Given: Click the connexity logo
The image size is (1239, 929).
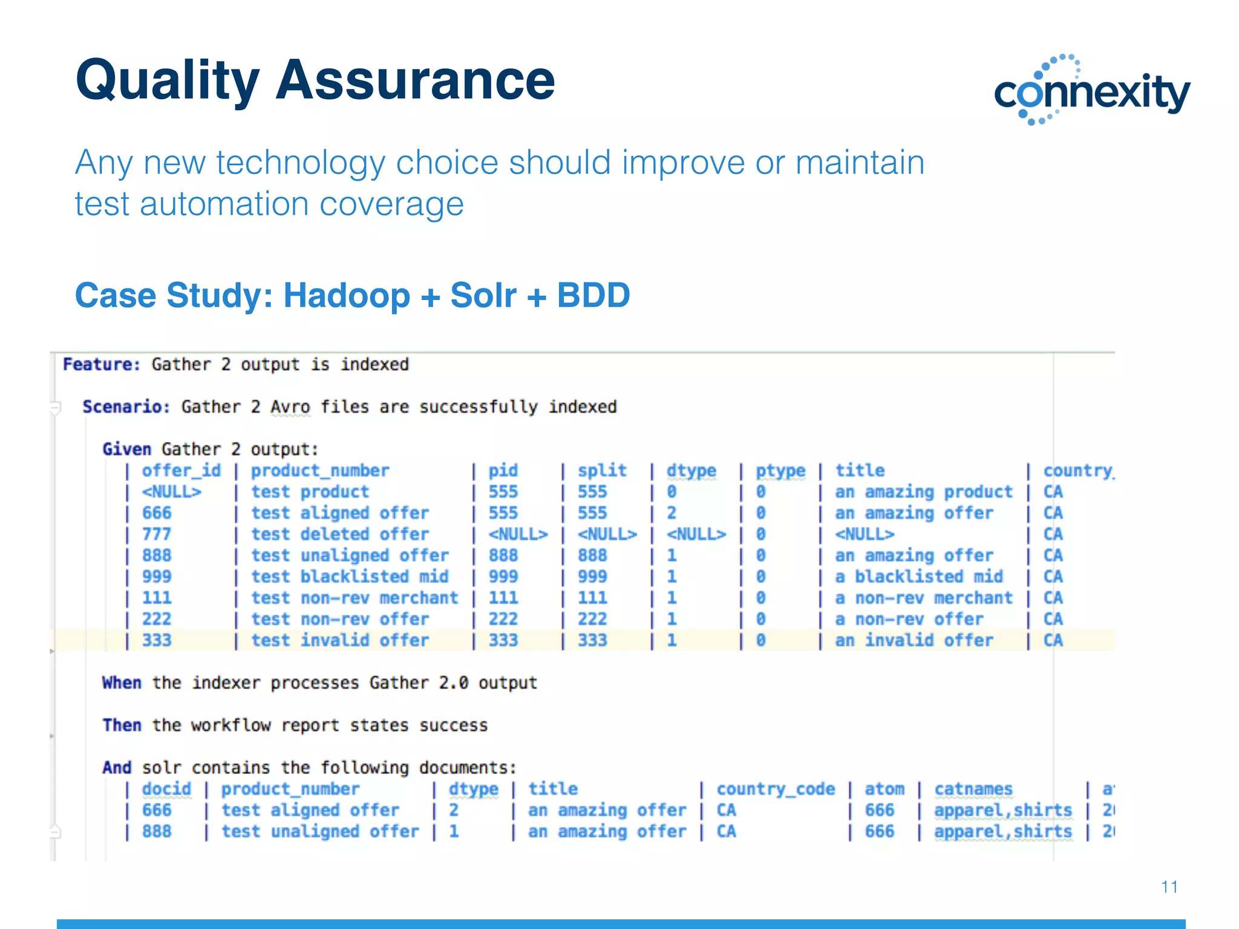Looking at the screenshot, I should (x=1091, y=91).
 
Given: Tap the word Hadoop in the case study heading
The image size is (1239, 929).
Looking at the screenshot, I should (x=346, y=295).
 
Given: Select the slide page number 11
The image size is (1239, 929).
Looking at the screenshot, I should (x=1169, y=887).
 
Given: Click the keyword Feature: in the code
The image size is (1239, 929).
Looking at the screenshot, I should (x=101, y=364).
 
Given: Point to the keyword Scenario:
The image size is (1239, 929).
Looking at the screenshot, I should (x=126, y=406).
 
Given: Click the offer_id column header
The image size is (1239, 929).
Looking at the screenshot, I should (x=181, y=471).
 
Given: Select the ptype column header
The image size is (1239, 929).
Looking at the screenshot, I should (x=780, y=471).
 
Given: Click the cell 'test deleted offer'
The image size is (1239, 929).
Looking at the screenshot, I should (x=339, y=534).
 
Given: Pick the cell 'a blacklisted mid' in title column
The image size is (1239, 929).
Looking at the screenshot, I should (x=918, y=576).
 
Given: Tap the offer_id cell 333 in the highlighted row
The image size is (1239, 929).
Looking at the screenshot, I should (x=157, y=640).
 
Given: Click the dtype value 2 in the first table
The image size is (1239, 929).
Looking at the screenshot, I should (x=671, y=513).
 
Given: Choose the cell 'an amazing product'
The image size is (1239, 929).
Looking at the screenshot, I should (x=923, y=492).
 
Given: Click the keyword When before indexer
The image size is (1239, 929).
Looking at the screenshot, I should (x=121, y=683).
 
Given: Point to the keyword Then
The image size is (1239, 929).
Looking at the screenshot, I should (x=121, y=725).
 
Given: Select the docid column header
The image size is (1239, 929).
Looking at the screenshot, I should (x=166, y=789).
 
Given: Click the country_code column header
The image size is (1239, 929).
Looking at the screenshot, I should (x=775, y=789).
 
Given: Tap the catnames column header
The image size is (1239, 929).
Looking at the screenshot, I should (x=973, y=789).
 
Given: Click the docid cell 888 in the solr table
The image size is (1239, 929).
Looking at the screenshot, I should (x=157, y=831).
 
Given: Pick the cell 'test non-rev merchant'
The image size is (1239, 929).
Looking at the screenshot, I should (x=355, y=598).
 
